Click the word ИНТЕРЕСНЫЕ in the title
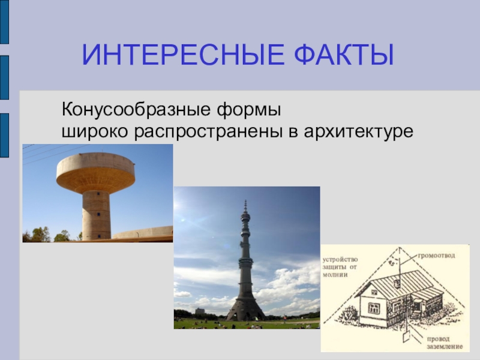point(184,55)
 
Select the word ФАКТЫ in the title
point(344,55)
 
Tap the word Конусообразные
point(136,110)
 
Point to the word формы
point(249,110)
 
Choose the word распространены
point(208,132)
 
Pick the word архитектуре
point(358,132)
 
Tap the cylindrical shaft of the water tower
point(96,215)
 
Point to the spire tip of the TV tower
point(245,202)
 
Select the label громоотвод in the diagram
point(436,256)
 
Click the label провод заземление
point(445,343)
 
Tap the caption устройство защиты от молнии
point(340,267)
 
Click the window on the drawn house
point(374,308)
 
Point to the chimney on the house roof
point(397,283)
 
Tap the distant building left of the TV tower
point(200,311)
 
